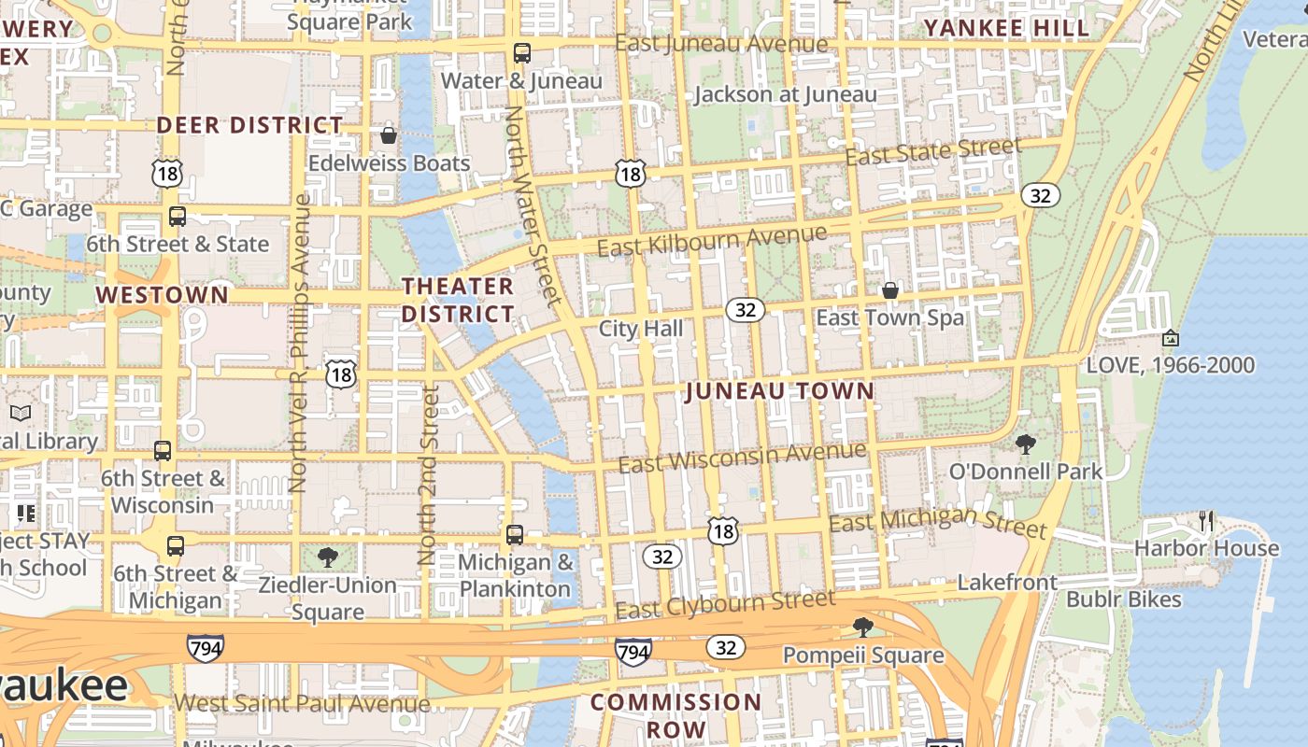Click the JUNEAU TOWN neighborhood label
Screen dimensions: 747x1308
point(780,391)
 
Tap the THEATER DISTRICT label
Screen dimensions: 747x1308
point(458,300)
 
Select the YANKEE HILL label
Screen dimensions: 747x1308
point(1007,28)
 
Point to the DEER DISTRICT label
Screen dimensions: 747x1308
point(249,125)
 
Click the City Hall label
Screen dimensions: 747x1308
point(641,329)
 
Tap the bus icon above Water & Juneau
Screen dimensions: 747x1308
point(521,53)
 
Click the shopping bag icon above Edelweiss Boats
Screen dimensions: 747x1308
point(389,135)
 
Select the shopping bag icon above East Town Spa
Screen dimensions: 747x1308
point(890,290)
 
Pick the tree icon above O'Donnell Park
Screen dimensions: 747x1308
point(1026,444)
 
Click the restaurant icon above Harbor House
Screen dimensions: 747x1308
point(1206,521)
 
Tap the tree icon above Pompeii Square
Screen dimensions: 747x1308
point(862,627)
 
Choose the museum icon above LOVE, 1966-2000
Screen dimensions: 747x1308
point(1170,338)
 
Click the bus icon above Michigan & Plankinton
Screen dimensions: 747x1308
point(515,535)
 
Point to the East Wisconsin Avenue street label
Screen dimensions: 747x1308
point(743,458)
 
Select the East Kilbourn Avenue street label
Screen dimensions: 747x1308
point(712,241)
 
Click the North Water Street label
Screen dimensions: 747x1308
point(533,205)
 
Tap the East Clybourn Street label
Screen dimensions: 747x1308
point(726,605)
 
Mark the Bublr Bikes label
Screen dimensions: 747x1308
point(1124,599)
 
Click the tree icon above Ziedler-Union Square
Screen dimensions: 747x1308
point(327,558)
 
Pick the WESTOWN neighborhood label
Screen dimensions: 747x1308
point(162,295)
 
